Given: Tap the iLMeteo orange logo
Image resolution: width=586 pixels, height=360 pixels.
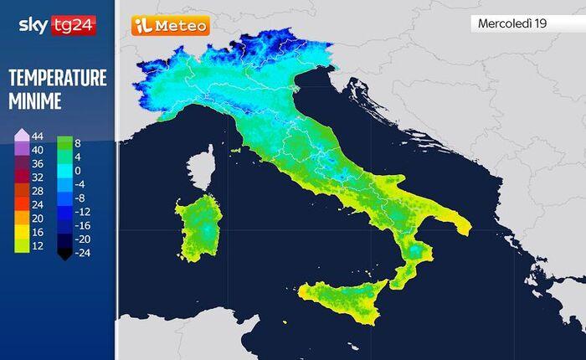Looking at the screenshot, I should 170,26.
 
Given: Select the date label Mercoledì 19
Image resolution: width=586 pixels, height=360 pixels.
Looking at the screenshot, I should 511,23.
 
